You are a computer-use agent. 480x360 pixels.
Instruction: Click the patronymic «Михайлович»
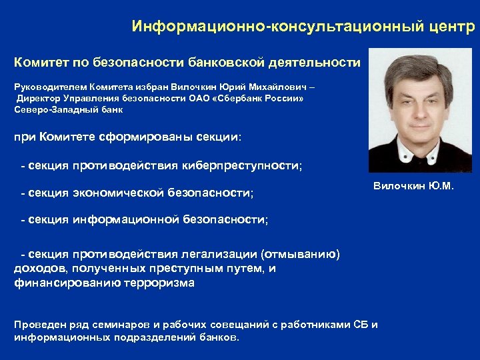click(x=270, y=87)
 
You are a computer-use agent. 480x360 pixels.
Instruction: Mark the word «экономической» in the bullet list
click(x=120, y=193)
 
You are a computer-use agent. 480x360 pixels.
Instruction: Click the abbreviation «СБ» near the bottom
click(x=361, y=325)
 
